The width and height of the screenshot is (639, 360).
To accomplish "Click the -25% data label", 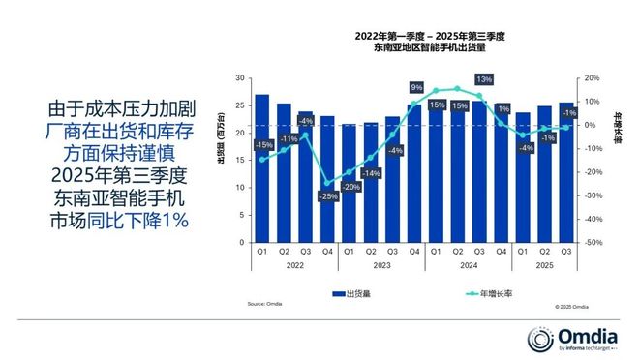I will pyautogui.click(x=328, y=196).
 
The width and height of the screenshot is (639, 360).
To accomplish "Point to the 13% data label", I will pyautogui.click(x=484, y=79).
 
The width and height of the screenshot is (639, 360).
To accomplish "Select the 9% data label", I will pyautogui.click(x=416, y=88).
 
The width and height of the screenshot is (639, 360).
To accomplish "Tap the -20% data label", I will pyautogui.click(x=351, y=186).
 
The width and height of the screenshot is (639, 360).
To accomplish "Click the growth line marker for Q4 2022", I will pyautogui.click(x=327, y=183).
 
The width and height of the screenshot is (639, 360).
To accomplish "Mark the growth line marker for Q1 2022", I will pyautogui.click(x=261, y=160).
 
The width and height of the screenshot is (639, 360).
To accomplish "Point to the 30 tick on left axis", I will pyautogui.click(x=239, y=77).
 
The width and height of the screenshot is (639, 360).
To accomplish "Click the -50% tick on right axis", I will pyautogui.click(x=593, y=243).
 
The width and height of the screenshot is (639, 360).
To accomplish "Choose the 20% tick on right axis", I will pyautogui.click(x=593, y=77).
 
